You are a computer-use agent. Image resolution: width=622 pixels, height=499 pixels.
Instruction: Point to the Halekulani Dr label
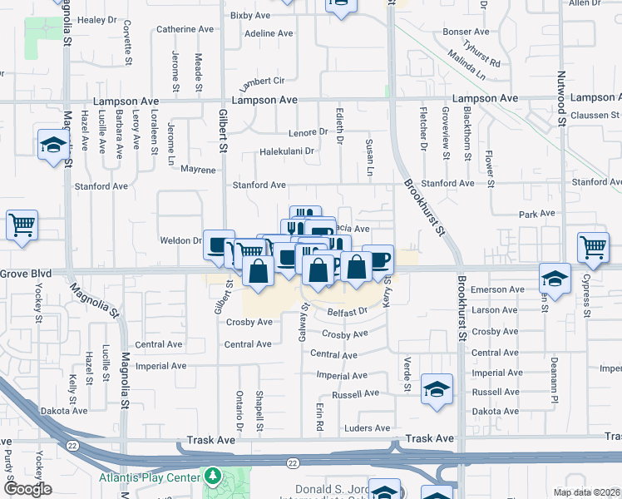click(x=288, y=151)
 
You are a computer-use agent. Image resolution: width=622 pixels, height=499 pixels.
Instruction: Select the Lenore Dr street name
click(x=309, y=132)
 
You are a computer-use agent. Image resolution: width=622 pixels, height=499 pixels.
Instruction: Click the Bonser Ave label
click(x=466, y=32)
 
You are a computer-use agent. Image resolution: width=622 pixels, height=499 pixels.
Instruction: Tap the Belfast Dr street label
click(x=347, y=312)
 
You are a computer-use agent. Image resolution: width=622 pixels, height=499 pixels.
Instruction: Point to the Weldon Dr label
click(x=180, y=240)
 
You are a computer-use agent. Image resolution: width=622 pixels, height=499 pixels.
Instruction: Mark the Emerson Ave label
click(x=497, y=289)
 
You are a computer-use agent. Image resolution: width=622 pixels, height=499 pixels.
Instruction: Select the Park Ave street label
click(x=536, y=214)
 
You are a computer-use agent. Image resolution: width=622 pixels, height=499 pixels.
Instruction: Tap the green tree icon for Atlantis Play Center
click(x=214, y=477)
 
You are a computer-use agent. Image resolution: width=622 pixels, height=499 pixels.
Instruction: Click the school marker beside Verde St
click(x=437, y=388)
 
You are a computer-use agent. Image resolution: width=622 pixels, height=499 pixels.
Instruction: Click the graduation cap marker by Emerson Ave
click(x=555, y=277)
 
